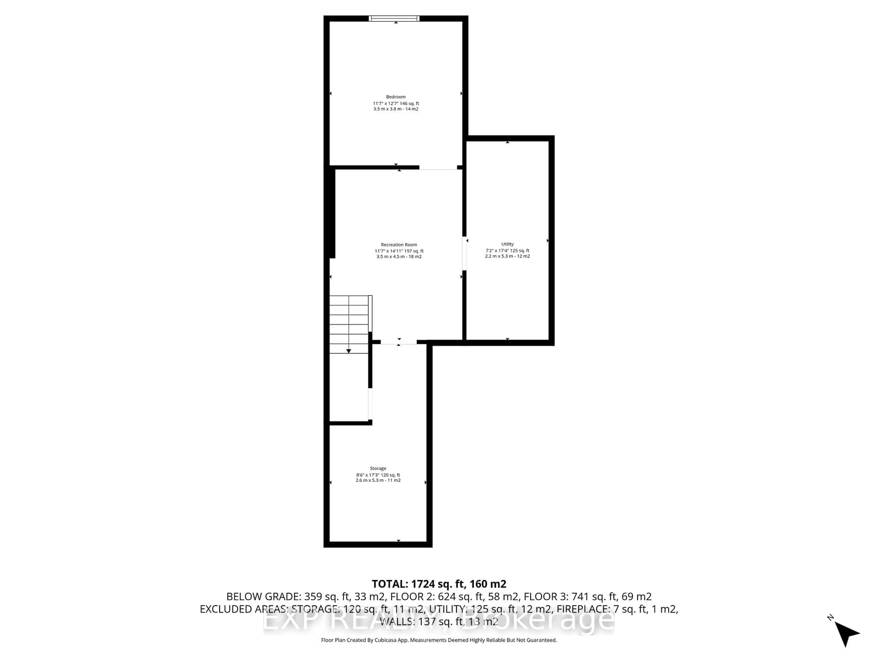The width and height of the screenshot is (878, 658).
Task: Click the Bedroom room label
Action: [396, 97]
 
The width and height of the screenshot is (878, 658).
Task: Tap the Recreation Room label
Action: [399, 245]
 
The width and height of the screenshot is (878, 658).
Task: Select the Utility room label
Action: [507, 244]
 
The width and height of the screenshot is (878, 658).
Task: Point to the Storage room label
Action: [378, 468]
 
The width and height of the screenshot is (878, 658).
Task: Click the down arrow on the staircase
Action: [348, 351]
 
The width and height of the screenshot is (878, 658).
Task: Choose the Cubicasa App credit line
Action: [439, 640]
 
